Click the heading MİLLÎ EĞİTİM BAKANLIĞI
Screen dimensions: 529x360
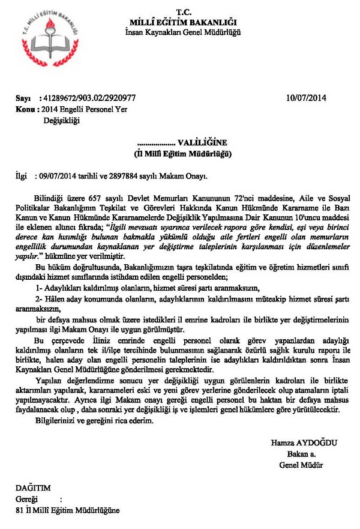coord(180,22)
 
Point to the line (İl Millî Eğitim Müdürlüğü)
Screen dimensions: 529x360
coord(181,154)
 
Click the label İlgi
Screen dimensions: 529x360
coord(22,177)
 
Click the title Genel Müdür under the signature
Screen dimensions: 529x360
coord(302,465)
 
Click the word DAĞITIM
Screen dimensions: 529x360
coord(34,489)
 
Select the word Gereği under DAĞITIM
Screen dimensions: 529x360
coord(27,500)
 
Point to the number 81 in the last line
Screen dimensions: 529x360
coord(19,510)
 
